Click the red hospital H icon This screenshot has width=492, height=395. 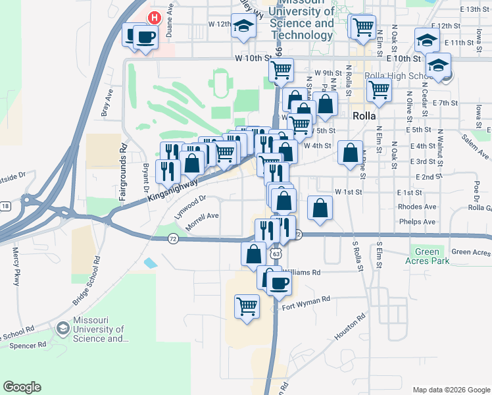pyautogui.click(x=154, y=18)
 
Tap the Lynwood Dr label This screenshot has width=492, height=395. pyautogui.click(x=191, y=206)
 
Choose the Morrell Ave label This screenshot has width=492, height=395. pyautogui.click(x=202, y=221)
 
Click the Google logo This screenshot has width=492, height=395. pyautogui.click(x=22, y=387)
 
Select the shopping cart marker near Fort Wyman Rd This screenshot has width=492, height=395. pyautogui.click(x=247, y=306)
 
